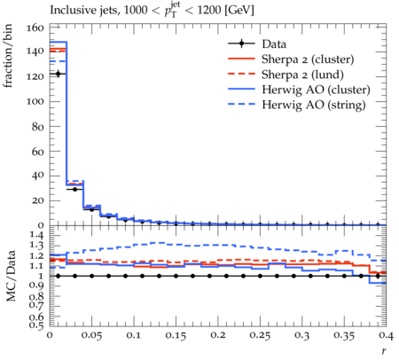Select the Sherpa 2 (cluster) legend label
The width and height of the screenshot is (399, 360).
[x=308, y=59]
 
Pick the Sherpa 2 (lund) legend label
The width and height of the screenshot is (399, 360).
[x=302, y=74]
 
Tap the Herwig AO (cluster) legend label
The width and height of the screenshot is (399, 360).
[x=316, y=90]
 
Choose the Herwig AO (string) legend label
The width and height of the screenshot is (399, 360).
[x=314, y=105]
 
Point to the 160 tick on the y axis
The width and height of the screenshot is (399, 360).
[x=35, y=27]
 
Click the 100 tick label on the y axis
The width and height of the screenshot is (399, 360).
[x=35, y=101]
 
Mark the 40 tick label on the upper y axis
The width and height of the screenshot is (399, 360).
[x=37, y=176]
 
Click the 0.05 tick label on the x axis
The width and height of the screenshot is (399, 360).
[x=91, y=335]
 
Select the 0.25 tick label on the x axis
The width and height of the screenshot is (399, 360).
[x=260, y=335]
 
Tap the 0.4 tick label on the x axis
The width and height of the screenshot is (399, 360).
[x=386, y=335]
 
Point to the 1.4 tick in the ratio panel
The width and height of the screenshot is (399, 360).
[x=37, y=236]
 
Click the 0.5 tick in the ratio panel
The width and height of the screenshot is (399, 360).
[x=37, y=325]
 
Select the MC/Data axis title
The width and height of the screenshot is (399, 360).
[x=11, y=276]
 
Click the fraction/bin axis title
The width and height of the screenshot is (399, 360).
[x=8, y=56]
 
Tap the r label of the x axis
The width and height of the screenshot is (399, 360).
[x=384, y=351]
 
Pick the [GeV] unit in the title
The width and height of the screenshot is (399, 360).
[x=239, y=11]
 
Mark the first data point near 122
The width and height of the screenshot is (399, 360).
[x=58, y=74]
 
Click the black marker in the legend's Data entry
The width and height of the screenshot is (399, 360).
[x=241, y=43]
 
